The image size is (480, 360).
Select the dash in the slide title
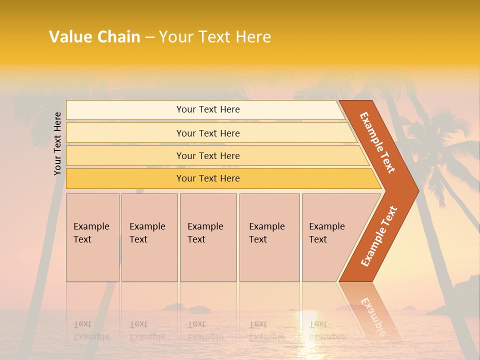[x=149, y=37]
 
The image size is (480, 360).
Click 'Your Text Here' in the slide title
[x=215, y=37]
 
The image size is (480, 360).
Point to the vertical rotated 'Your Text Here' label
[x=57, y=143]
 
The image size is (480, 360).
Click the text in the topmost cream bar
[x=208, y=109]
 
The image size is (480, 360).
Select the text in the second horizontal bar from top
[x=208, y=133]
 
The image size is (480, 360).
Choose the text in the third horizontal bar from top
[x=208, y=155]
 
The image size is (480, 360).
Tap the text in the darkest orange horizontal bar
[x=208, y=178]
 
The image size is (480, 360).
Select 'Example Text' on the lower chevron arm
[x=379, y=236]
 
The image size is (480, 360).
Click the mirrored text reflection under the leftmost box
[x=91, y=330]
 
